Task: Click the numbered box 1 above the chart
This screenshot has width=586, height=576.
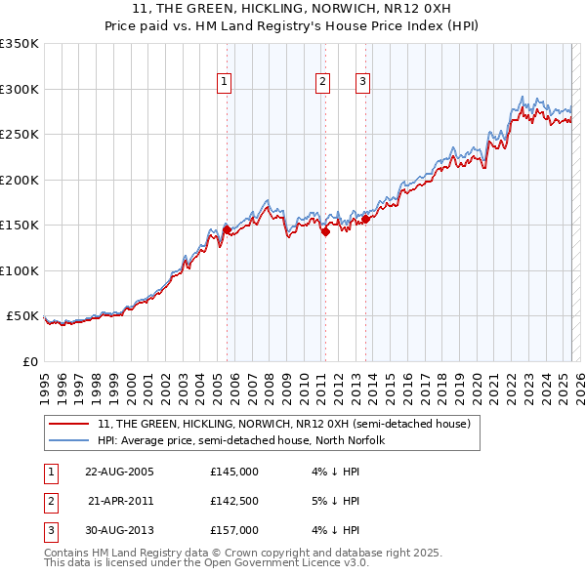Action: point(225,83)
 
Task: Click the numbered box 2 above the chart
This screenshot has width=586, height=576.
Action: point(322,83)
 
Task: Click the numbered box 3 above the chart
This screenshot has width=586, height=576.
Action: point(362,83)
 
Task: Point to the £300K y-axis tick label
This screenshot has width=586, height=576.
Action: point(21,89)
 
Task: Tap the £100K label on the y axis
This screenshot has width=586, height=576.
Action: point(21,270)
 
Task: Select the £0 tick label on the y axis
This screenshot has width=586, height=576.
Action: point(30,361)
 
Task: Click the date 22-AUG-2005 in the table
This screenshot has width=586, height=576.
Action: point(119,472)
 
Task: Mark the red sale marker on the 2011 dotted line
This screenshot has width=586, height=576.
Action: point(325,232)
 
